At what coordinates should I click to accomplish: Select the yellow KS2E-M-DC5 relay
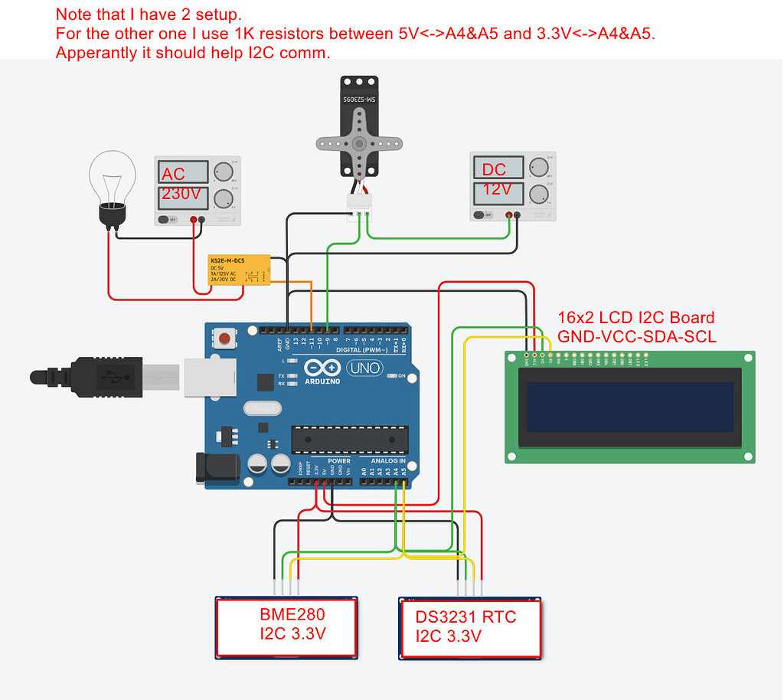coord(238,273)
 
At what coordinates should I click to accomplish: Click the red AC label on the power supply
coord(173,175)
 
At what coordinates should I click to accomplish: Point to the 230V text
coord(181,195)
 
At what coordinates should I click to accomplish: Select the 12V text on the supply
coord(497,189)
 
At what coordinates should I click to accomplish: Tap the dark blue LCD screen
coord(629,407)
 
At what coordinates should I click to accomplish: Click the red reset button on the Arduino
coord(225,339)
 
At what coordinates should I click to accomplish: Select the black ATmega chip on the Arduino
coord(347,439)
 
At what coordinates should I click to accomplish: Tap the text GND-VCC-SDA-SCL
coord(637,335)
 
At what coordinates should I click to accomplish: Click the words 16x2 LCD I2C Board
coord(635,317)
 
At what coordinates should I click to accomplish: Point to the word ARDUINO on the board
coord(323,381)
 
